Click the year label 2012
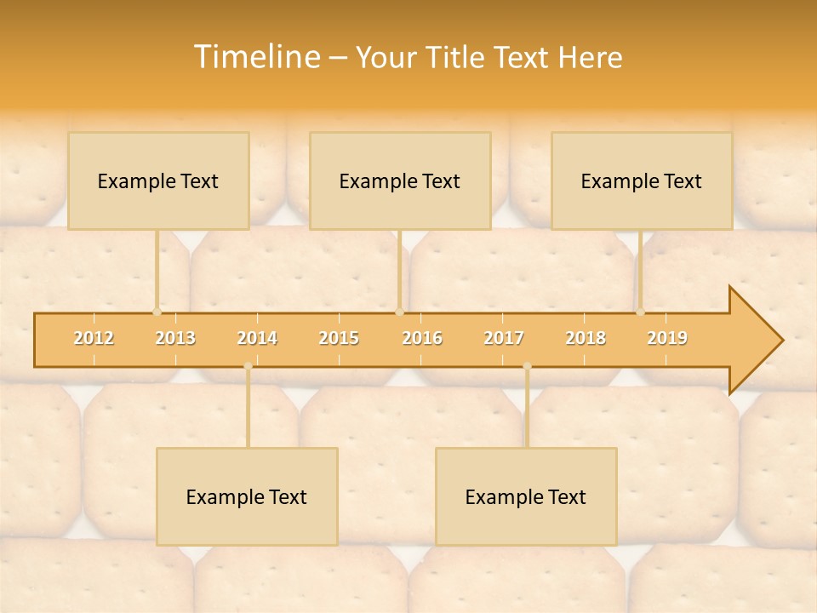[x=94, y=338]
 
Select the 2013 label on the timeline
[x=175, y=338]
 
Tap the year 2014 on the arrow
[x=257, y=338]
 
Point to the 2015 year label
[x=339, y=338]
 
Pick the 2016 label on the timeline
[x=422, y=338]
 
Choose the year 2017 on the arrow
[x=504, y=338]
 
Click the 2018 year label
[x=586, y=338]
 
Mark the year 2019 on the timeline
[x=667, y=338]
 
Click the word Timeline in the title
[x=255, y=57]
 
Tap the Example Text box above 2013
[x=158, y=180]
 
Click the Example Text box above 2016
[x=400, y=180]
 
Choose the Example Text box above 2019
[x=642, y=180]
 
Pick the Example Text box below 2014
[x=247, y=496]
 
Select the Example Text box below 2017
[x=526, y=496]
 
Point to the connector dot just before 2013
[x=157, y=312]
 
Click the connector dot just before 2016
[x=399, y=312]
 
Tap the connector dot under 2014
[x=248, y=366]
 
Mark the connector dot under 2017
[x=527, y=366]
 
